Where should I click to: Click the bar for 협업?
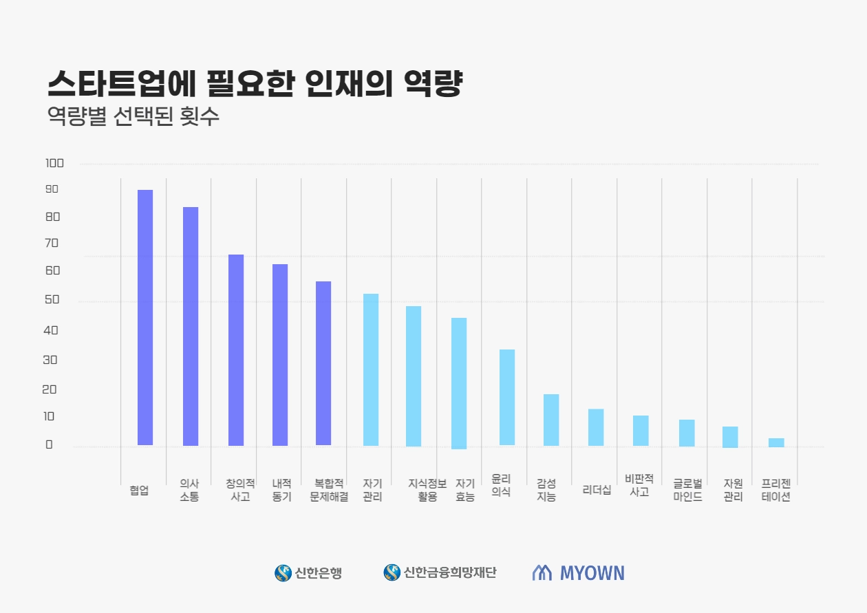point(145,317)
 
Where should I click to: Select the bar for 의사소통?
point(191,326)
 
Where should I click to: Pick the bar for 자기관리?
point(371,369)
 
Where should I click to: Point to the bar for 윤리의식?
point(507,397)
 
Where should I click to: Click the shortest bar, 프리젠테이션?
point(776,442)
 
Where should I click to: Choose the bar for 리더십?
point(596,427)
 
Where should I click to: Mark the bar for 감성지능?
point(551,420)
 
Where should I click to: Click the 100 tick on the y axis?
point(54,164)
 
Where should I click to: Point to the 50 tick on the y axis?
point(52,301)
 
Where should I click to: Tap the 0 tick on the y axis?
point(49,444)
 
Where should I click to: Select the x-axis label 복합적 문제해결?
point(329,490)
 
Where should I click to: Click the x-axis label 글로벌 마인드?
point(688,490)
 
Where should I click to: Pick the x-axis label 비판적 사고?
point(639,485)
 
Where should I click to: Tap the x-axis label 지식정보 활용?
point(427,490)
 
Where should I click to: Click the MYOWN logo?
point(579,572)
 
